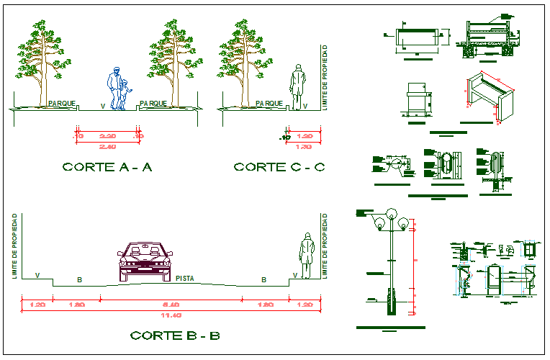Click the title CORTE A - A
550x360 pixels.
tap(107, 167)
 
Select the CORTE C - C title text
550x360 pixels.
tap(279, 167)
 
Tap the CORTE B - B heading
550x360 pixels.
tap(175, 336)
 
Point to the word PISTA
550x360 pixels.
tap(186, 278)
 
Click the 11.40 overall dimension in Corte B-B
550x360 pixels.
tap(169, 315)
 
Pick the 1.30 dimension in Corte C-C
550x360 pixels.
tap(303, 147)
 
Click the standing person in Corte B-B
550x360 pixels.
tap(307, 256)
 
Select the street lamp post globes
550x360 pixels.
tap(392, 217)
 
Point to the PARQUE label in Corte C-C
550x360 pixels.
tap(269, 104)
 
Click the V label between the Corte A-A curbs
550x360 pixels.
tap(102, 107)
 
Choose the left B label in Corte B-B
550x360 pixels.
tap(77, 279)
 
